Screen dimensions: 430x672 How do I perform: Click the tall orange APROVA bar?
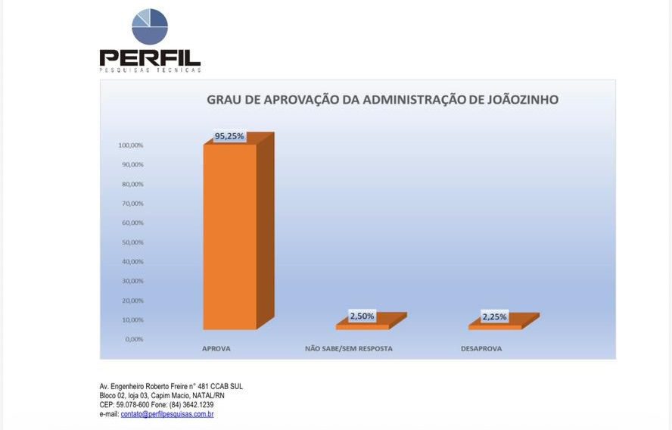(230, 236)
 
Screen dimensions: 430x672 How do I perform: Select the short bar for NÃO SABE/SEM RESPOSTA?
(362, 326)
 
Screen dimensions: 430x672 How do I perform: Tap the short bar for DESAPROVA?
(495, 326)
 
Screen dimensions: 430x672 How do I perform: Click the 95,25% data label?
(229, 137)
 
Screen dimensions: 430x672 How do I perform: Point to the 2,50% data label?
(362, 316)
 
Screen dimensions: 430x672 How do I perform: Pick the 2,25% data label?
(494, 316)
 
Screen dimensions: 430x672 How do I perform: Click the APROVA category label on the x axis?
(216, 349)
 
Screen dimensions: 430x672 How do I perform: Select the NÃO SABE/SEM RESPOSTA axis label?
(349, 349)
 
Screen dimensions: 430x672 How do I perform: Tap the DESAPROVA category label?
(481, 349)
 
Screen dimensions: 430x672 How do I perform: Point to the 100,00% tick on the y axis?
(131, 145)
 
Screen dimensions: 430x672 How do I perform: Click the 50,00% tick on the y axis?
(132, 242)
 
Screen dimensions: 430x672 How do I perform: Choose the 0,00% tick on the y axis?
(134, 339)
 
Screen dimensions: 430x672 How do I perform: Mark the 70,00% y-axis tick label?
(132, 204)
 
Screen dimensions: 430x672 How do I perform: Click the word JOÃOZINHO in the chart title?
(520, 100)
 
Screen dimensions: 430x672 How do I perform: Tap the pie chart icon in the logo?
(150, 26)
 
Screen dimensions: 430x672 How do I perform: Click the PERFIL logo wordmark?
(150, 58)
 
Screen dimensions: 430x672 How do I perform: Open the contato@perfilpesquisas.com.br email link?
(167, 415)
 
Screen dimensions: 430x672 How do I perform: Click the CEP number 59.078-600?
(129, 405)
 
